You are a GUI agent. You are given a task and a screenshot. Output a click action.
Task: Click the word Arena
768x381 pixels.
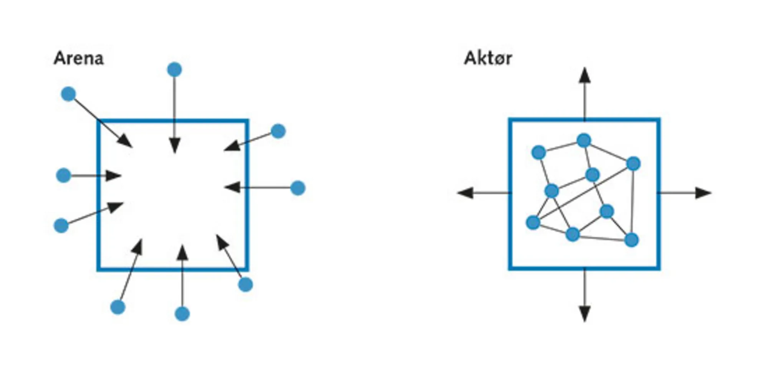pyautogui.click(x=79, y=59)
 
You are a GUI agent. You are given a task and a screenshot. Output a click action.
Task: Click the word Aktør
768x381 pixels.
pyautogui.click(x=488, y=59)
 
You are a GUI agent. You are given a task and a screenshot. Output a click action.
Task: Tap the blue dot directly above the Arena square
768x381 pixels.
pyautogui.click(x=174, y=70)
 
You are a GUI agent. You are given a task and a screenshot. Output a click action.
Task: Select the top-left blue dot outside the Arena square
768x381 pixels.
pyautogui.click(x=68, y=94)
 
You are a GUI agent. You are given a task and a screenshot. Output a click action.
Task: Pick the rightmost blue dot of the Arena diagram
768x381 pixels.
pyautogui.click(x=298, y=188)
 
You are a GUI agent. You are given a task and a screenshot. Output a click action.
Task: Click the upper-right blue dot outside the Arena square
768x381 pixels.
pyautogui.click(x=278, y=131)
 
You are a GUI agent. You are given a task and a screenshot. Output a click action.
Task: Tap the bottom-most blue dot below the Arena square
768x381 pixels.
pyautogui.click(x=182, y=314)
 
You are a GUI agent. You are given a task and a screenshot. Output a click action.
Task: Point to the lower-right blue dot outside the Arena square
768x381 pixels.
pyautogui.click(x=245, y=285)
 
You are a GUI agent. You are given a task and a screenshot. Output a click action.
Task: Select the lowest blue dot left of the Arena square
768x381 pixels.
pyautogui.click(x=61, y=226)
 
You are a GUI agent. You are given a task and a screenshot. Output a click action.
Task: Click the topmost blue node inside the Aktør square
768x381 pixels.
pyautogui.click(x=584, y=140)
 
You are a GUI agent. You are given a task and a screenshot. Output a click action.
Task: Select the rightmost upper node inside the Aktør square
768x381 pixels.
pyautogui.click(x=633, y=164)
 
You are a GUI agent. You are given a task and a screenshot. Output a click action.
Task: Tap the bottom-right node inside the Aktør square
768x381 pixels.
pyautogui.click(x=632, y=240)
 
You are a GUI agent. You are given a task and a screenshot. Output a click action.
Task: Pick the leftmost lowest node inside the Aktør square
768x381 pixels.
pyautogui.click(x=533, y=222)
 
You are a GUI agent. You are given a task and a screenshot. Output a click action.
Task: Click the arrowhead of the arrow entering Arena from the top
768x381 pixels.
pyautogui.click(x=175, y=146)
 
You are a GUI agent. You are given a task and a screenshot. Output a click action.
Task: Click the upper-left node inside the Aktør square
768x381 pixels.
pyautogui.click(x=539, y=152)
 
